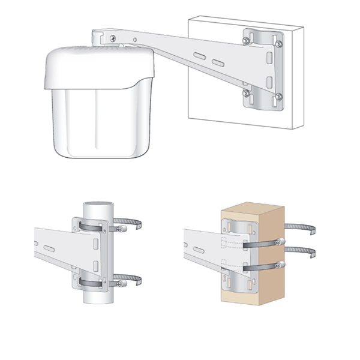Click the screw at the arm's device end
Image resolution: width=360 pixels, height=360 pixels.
(x=113, y=38)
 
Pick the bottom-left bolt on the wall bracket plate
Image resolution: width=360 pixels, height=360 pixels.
(x=247, y=92)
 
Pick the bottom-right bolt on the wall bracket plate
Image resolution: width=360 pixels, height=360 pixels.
(x=278, y=96)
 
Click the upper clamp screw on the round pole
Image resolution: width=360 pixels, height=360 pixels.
(x=122, y=227)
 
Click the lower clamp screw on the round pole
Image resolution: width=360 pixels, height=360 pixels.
(x=122, y=281)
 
